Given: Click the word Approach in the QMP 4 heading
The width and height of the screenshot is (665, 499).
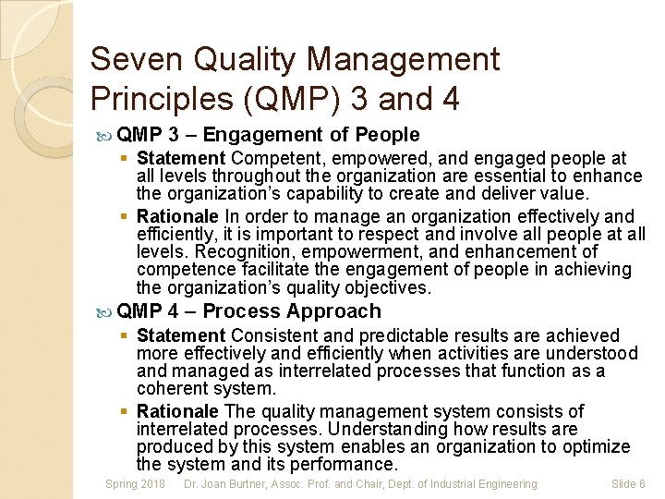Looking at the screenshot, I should (x=333, y=311).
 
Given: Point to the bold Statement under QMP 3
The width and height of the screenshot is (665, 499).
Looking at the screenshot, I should (x=181, y=159).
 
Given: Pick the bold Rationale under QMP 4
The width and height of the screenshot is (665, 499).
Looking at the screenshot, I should (x=177, y=411).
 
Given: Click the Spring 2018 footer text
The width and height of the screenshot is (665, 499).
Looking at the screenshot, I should (x=135, y=484).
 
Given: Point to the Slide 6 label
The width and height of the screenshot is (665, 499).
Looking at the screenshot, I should (x=628, y=484).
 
